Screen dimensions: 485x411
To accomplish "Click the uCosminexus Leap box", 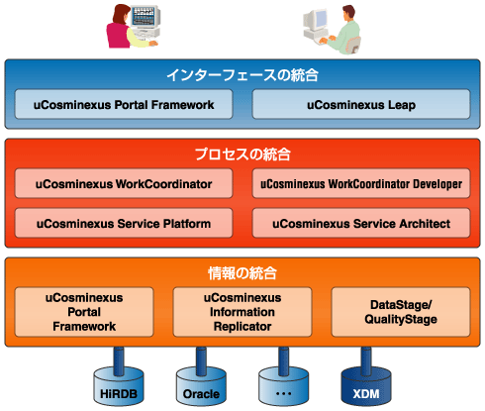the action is point(361,104).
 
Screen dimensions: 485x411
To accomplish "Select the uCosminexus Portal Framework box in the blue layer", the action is point(124,104).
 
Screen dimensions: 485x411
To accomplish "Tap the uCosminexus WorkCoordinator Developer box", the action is point(361,183).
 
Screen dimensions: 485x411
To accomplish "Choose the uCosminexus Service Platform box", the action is point(124,223).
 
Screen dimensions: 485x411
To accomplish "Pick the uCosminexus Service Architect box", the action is point(361,223).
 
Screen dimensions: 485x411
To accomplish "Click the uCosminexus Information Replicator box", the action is point(242,312).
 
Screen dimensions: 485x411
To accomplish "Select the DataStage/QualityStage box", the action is point(401,312).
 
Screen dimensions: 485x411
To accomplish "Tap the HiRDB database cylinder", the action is point(119,386).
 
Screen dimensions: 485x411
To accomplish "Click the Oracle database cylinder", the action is point(201,386).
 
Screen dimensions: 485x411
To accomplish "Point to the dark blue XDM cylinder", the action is point(366,386).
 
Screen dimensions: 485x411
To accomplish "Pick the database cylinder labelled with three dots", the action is point(284,386).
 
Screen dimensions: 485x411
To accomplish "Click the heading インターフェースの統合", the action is point(242,75).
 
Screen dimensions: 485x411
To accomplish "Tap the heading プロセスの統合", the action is point(242,154).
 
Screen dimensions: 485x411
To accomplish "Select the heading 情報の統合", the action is point(242,273).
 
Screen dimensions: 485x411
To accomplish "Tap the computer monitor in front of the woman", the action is point(145,17).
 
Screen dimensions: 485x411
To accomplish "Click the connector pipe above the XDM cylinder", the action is point(366,360).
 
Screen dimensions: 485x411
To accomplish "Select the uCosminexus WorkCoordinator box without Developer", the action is point(124,183).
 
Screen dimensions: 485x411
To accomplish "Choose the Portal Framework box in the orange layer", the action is point(84,312).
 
